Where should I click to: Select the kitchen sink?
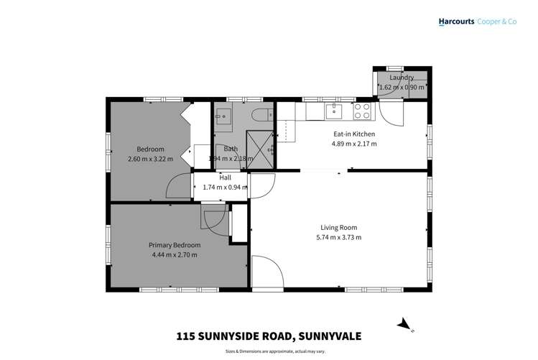coord(333,111)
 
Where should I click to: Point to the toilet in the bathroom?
coord(262,113)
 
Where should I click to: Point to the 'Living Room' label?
coord(338,228)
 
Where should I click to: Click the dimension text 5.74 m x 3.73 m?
coord(338,237)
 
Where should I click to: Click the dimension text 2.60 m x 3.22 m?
coord(150,159)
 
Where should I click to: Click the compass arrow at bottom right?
coord(404,325)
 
